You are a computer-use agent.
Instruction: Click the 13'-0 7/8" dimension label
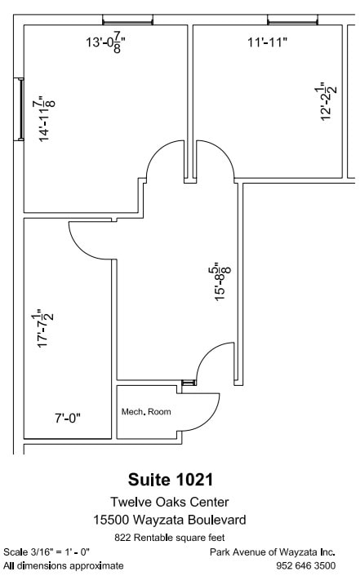point(105,42)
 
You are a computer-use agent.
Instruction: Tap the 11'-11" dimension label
point(267,42)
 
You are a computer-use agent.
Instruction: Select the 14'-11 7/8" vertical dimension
point(47,118)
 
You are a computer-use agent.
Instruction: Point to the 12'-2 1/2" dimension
point(328,102)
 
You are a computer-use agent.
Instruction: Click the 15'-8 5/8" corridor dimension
point(223,281)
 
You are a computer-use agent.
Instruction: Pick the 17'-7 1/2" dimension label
point(45,328)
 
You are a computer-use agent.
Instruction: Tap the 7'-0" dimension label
point(68,418)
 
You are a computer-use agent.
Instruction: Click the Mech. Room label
point(146,411)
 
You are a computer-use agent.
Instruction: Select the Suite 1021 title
point(171,480)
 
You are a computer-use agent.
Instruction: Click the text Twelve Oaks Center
point(170,502)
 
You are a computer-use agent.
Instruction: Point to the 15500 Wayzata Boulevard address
point(170,520)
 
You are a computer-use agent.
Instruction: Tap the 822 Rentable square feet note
point(170,538)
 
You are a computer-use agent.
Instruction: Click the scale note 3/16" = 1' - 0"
point(47,552)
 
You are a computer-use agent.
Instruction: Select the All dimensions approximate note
point(63,565)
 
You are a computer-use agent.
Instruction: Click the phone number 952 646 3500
point(305,565)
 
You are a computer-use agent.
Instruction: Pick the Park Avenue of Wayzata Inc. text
point(273,552)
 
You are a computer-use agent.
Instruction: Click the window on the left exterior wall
point(19,109)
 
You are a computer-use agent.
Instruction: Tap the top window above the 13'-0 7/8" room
point(127,20)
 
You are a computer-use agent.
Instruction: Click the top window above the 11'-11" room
point(293,20)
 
